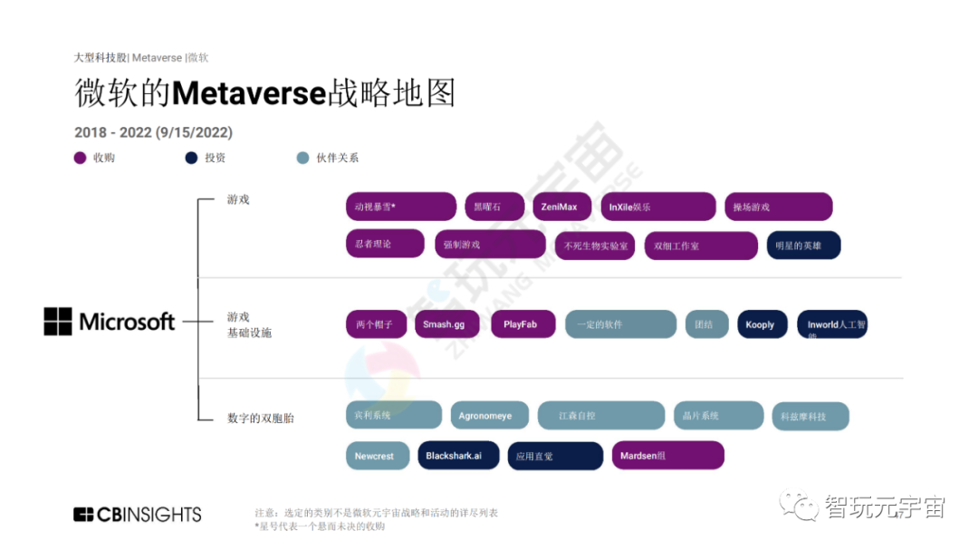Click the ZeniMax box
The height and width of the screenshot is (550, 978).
pyautogui.click(x=561, y=207)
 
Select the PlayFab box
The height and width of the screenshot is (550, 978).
pyautogui.click(x=523, y=324)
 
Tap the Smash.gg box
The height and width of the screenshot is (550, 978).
pyautogui.click(x=446, y=324)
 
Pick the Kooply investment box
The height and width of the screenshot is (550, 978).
pyautogui.click(x=762, y=324)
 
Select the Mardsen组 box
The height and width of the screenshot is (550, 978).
pyautogui.click(x=667, y=456)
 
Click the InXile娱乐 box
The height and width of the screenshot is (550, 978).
pyautogui.click(x=657, y=207)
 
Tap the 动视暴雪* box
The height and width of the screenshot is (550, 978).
pyautogui.click(x=400, y=207)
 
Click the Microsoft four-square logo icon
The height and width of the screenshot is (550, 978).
pyautogui.click(x=58, y=322)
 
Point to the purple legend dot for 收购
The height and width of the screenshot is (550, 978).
pyautogui.click(x=80, y=158)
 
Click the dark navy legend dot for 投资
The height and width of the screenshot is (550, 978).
pyautogui.click(x=191, y=158)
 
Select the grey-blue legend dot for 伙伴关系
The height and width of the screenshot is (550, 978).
pyautogui.click(x=303, y=158)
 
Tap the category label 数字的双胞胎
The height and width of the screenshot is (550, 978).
pyautogui.click(x=261, y=418)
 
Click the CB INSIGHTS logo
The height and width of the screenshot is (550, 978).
pyautogui.click(x=138, y=515)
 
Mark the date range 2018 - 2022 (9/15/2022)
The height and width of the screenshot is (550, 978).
pyautogui.click(x=153, y=132)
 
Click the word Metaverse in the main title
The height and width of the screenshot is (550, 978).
pyautogui.click(x=248, y=93)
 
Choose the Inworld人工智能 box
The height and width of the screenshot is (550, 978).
pyautogui.click(x=832, y=324)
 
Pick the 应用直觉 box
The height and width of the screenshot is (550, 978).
pyautogui.click(x=554, y=456)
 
